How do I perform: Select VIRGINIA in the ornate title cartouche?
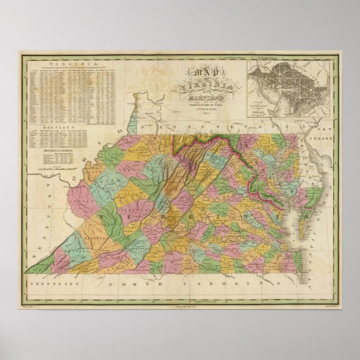point(202,86)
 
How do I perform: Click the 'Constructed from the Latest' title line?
point(202,107)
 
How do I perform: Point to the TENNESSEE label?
point(50,283)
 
